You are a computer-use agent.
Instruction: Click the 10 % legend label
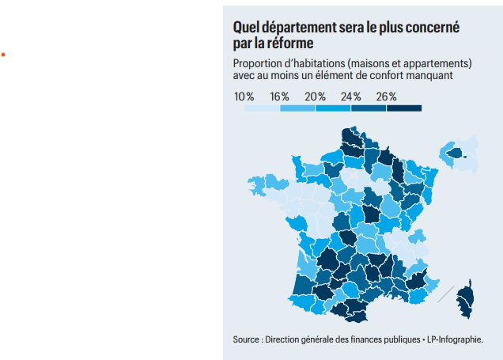click(244, 97)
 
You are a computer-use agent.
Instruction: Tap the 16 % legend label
click(279, 97)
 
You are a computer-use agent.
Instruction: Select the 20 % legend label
click(316, 97)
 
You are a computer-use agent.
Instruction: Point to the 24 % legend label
click(350, 97)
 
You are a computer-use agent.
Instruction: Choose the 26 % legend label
click(386, 97)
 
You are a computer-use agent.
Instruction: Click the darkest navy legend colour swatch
click(404, 108)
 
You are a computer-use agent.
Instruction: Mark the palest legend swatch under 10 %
click(262, 108)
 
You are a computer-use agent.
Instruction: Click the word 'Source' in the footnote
click(246, 339)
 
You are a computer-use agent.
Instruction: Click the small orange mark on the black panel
click(3, 54)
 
